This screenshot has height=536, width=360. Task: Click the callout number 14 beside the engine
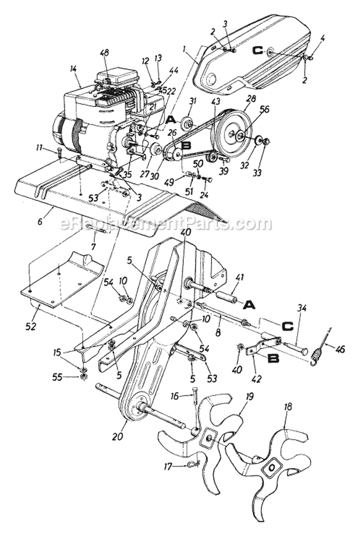[x=73, y=69]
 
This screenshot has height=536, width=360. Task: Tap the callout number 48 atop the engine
[x=104, y=53]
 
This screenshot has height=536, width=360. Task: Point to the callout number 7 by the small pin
[x=94, y=246]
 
